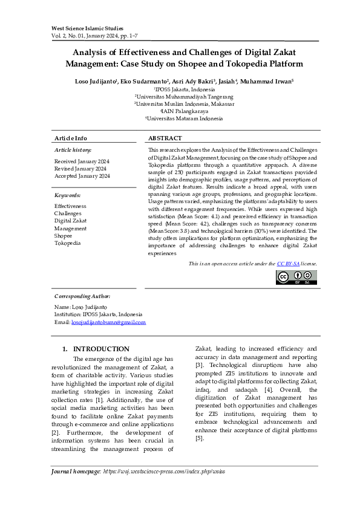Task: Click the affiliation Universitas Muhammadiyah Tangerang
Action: point(184,96)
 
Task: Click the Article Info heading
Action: point(71,138)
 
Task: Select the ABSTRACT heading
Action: point(165,138)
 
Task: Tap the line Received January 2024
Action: point(82,161)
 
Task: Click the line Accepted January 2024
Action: point(82,176)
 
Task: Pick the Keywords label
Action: point(67,195)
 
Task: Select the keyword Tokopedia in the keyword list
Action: point(67,243)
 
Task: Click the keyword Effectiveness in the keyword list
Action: point(70,206)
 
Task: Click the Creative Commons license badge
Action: point(296,277)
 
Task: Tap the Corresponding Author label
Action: point(82,296)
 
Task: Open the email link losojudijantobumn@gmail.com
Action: point(108,322)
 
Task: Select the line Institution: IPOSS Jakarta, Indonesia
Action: point(98,314)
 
